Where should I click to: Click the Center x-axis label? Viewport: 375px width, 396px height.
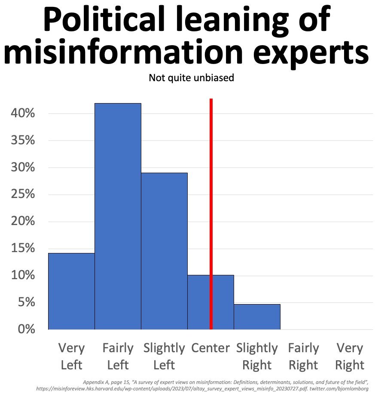[x=210, y=348]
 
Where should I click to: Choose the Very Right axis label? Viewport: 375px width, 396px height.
[x=350, y=356]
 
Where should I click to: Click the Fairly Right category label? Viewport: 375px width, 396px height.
[x=303, y=356]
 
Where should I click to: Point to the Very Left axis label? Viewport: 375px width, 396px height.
[x=71, y=356]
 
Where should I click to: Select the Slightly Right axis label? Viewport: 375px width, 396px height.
[x=257, y=356]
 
